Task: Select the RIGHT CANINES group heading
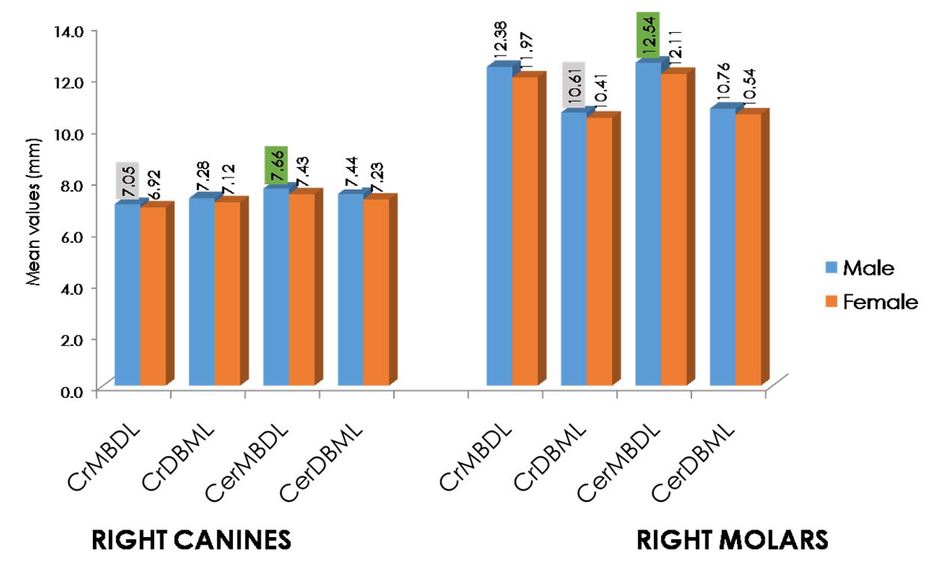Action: click(190, 539)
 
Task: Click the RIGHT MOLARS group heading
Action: click(732, 539)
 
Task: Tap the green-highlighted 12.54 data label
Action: click(649, 35)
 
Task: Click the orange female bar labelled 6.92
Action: click(153, 296)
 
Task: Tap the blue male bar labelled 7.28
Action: click(201, 292)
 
